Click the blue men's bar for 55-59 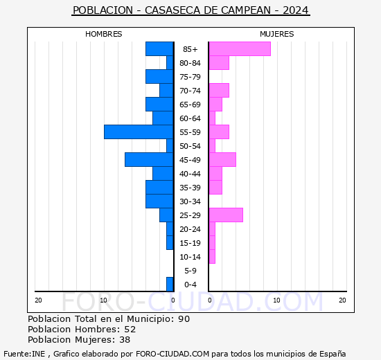coord(139,132)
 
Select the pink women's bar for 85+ coord(239,48)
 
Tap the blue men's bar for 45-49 coord(149,159)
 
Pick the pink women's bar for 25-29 coord(225,215)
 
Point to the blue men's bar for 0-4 coord(170,284)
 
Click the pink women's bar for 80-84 coord(218,62)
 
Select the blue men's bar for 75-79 coord(159,76)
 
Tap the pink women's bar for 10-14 coord(211,256)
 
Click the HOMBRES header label coord(104,34)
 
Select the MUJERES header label coord(277,34)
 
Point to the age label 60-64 coord(190,118)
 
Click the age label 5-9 coord(190,271)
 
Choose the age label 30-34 coord(190,201)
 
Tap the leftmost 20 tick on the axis coord(38,300)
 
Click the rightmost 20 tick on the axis coord(342,300)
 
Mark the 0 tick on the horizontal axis coord(173,300)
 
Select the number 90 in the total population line coord(184,319)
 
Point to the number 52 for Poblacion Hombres coord(130,330)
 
